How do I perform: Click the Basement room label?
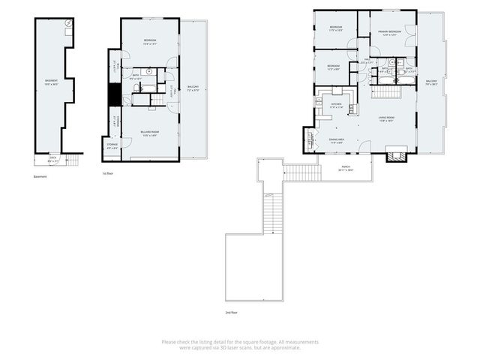51,82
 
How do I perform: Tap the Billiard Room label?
148,134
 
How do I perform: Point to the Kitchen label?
336,106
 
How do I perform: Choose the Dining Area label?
337,141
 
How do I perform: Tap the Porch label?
346,169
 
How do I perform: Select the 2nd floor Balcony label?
431,82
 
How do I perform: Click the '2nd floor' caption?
231,312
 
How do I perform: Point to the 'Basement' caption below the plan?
40,177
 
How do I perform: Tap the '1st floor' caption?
107,173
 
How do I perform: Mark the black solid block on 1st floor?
115,95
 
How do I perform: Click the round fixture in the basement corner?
68,24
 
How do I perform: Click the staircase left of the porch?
303,173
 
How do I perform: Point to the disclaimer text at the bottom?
240,345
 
